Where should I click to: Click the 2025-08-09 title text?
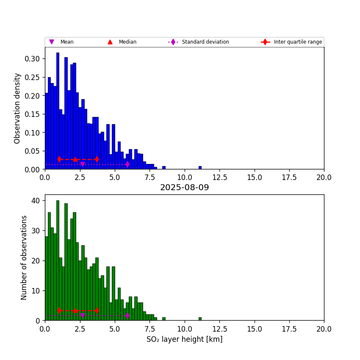click(184, 188)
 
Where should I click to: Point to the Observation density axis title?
click(17, 108)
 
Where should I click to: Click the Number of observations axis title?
click(24, 258)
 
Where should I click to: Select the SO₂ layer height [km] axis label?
click(184, 339)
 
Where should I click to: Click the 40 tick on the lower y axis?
click(37, 200)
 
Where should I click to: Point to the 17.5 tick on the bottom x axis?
click(289, 329)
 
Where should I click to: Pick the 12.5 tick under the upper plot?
click(219, 177)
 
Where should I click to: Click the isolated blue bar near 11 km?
click(200, 168)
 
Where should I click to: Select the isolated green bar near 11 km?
click(200, 319)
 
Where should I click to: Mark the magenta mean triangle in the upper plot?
click(82, 164)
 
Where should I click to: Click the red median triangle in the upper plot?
click(75, 159)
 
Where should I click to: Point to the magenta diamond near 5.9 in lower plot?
click(127, 315)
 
